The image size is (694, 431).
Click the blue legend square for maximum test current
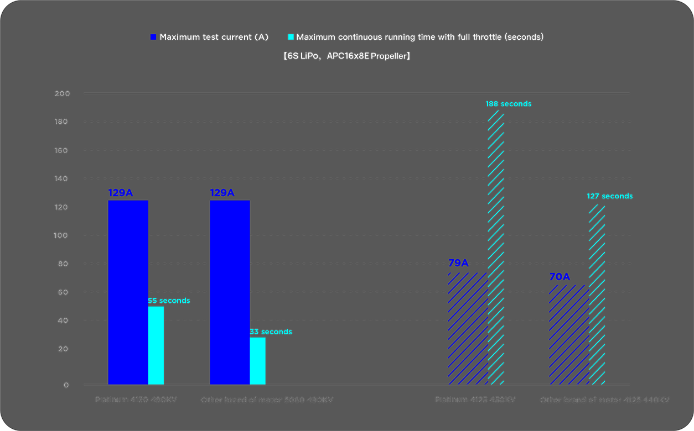[153, 37]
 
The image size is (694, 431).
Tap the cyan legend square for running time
[291, 37]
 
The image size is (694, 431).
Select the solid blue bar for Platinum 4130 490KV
[128, 292]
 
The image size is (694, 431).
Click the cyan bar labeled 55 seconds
[156, 345]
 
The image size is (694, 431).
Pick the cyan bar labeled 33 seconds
[257, 361]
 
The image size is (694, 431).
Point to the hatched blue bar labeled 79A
[468, 328]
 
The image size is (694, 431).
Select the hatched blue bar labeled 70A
[569, 334]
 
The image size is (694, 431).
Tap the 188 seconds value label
[508, 104]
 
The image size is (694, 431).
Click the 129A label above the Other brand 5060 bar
[222, 193]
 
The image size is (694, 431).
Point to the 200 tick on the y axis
[63, 93]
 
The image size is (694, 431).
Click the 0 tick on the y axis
[66, 385]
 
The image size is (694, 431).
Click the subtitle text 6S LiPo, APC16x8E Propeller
[346, 56]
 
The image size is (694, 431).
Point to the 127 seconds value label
[609, 196]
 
